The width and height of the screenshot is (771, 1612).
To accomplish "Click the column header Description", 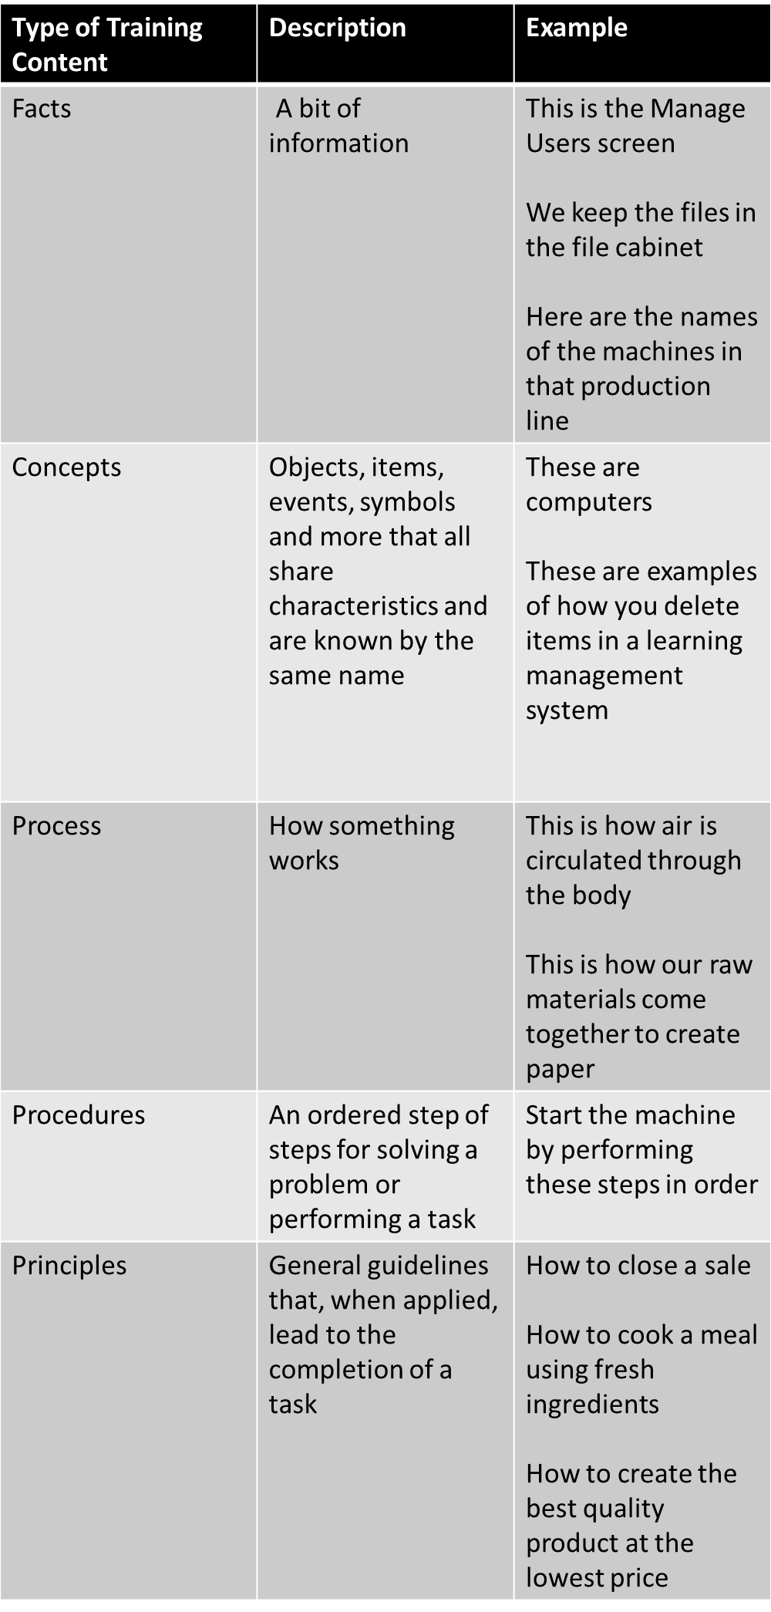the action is click(x=337, y=28).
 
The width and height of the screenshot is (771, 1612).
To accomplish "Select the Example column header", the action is click(x=577, y=28).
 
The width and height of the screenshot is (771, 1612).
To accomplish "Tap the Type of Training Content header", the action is click(x=107, y=45).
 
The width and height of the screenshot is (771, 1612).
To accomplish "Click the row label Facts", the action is click(x=42, y=109).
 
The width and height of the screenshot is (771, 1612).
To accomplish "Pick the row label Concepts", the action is click(x=66, y=467).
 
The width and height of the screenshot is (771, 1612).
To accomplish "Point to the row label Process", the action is click(x=56, y=826).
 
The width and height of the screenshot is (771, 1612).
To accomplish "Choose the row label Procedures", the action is click(x=79, y=1115).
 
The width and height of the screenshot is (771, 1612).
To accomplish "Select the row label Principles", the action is click(x=69, y=1266).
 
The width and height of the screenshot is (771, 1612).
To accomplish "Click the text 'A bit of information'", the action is click(x=338, y=126).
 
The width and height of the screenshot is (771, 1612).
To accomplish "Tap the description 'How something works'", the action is click(x=362, y=843).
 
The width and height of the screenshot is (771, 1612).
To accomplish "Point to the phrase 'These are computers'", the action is click(x=589, y=484).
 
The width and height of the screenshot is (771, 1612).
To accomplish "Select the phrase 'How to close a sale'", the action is click(x=638, y=1266).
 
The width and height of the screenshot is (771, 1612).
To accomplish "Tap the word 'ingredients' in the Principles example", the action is click(x=592, y=1405).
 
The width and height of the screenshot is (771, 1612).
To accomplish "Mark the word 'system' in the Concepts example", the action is click(x=567, y=711).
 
